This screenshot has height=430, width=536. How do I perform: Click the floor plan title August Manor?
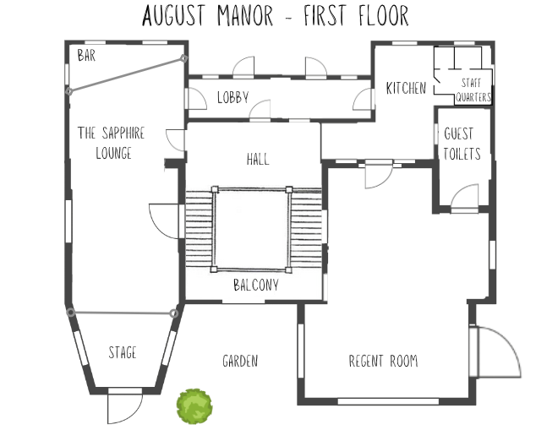pyautogui.click(x=275, y=15)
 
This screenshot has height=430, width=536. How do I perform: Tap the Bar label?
pyautogui.click(x=86, y=56)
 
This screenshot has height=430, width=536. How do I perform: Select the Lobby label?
pyautogui.click(x=232, y=96)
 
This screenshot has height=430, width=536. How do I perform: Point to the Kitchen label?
pyautogui.click(x=406, y=88)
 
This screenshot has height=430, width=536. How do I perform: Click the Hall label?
pyautogui.click(x=258, y=159)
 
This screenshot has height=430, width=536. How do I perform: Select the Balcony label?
pyautogui.click(x=255, y=286)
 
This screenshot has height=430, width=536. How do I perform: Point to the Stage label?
pyautogui.click(x=123, y=352)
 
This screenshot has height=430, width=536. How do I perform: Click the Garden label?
pyautogui.click(x=240, y=361)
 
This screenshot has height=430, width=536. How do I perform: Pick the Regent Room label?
pyautogui.click(x=383, y=361)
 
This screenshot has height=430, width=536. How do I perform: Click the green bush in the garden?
pyautogui.click(x=194, y=406)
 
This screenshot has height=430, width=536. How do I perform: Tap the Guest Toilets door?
pyautogui.click(x=465, y=199)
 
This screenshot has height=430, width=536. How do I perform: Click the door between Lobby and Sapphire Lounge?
pyautogui.click(x=195, y=98)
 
